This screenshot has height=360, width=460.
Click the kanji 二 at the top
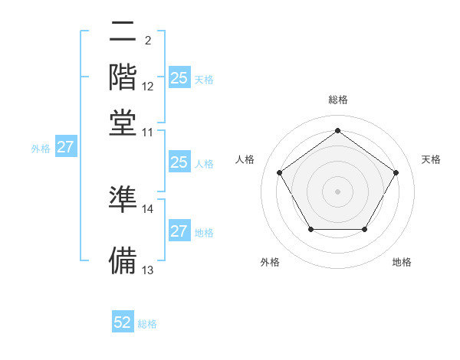pos(123,33)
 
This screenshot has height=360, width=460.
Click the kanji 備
pos(123,259)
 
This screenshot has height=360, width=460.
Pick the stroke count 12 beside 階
pos(148,87)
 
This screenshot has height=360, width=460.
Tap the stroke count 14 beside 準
pos(148,208)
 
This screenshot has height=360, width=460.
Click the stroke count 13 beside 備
pos(148,270)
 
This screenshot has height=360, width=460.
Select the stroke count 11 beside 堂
pos(148,132)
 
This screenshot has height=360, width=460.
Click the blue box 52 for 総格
pos(123,322)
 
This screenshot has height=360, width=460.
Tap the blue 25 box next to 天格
pos(179,77)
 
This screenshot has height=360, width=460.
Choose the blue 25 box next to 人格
pos(179,162)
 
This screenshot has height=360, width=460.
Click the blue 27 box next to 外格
pos(65,147)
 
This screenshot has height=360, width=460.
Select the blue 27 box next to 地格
pos(179,231)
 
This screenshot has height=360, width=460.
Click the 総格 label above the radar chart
pos(338,100)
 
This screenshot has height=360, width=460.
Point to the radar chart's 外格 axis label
pos(270,263)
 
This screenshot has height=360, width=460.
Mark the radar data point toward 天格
pos(396,172)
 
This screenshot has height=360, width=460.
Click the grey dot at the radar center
pos(338,191)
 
